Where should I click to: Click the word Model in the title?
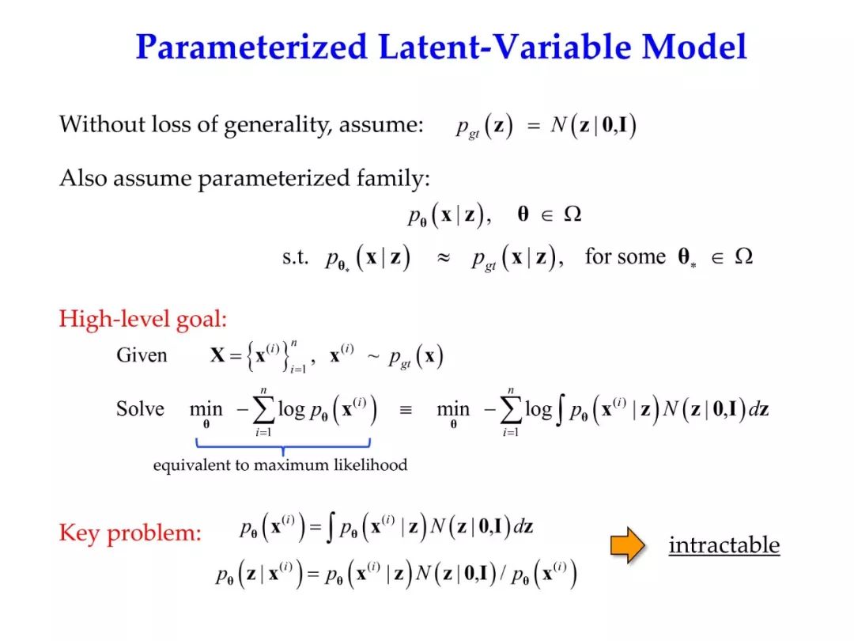pos(694,46)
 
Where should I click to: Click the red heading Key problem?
pos(130,533)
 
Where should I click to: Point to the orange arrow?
pos(627,544)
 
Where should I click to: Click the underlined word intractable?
pos(724,544)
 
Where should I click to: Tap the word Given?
pos(142,355)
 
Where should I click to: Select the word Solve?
pos(140,409)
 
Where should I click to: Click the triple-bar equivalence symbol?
pos(406,410)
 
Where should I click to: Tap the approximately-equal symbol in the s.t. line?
pos(444,258)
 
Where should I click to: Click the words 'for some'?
pos(625,256)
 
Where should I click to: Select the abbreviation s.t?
pos(296,257)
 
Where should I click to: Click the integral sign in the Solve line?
pos(560,410)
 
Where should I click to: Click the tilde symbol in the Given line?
pos(373,357)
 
